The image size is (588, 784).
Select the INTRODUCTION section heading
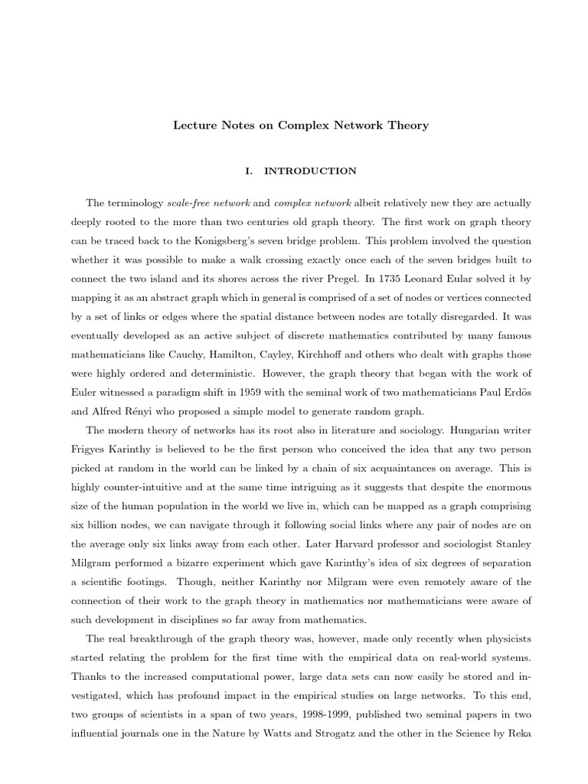click(x=310, y=171)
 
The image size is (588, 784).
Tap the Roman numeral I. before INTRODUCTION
click(x=249, y=171)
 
